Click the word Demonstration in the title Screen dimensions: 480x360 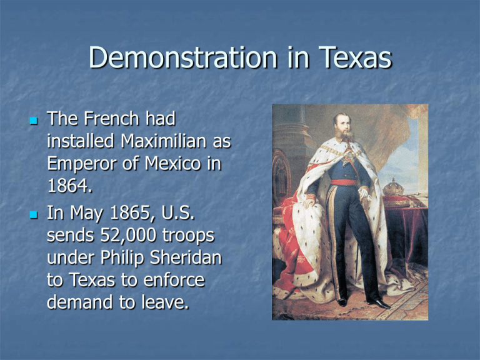183,57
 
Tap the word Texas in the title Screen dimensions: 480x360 355,57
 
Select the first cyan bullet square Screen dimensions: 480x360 34,120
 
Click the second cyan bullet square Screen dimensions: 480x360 34,214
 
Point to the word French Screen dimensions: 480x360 111,119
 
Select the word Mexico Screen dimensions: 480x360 172,164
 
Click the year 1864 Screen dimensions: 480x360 69,186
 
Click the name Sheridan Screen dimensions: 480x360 186,257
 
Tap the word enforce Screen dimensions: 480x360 174,281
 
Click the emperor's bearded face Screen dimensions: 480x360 343,127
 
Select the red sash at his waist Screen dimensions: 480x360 344,182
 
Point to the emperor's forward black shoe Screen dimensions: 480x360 379,304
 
